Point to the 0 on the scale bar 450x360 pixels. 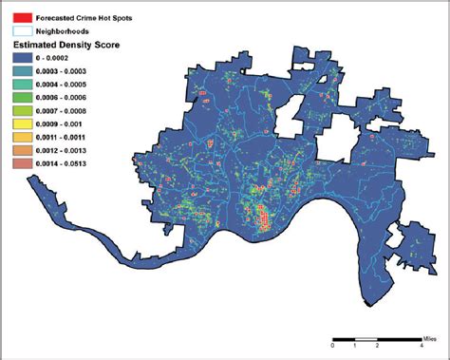332,347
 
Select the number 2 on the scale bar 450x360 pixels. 378,347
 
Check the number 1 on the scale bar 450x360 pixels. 355,347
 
